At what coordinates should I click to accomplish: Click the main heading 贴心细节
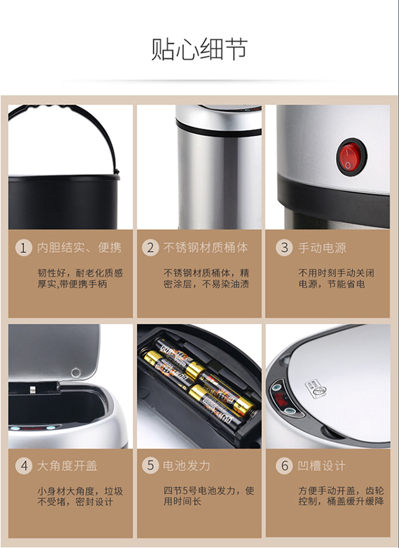pyautogui.click(x=199, y=49)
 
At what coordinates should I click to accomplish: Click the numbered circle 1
pyautogui.click(x=23, y=248)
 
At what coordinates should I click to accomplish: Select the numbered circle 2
pyautogui.click(x=150, y=248)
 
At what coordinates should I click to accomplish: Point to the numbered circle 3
pyautogui.click(x=284, y=248)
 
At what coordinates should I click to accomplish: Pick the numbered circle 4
pyautogui.click(x=23, y=466)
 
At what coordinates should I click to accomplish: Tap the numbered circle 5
pyautogui.click(x=150, y=466)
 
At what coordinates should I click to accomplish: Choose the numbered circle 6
pyautogui.click(x=284, y=466)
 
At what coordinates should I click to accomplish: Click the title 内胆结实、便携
pyautogui.click(x=79, y=248)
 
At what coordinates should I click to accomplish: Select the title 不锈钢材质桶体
pyautogui.click(x=206, y=248)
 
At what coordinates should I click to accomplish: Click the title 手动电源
pyautogui.click(x=322, y=248)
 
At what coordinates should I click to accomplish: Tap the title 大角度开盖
pyautogui.click(x=67, y=466)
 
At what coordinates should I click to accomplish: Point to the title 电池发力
pyautogui.click(x=187, y=466)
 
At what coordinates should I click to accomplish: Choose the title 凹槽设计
pyautogui.click(x=321, y=466)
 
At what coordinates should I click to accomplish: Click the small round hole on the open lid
pyautogui.click(x=76, y=372)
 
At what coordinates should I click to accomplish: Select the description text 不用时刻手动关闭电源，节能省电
pyautogui.click(x=336, y=278)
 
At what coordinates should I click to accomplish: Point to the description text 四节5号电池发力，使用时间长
pyautogui.click(x=209, y=496)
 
